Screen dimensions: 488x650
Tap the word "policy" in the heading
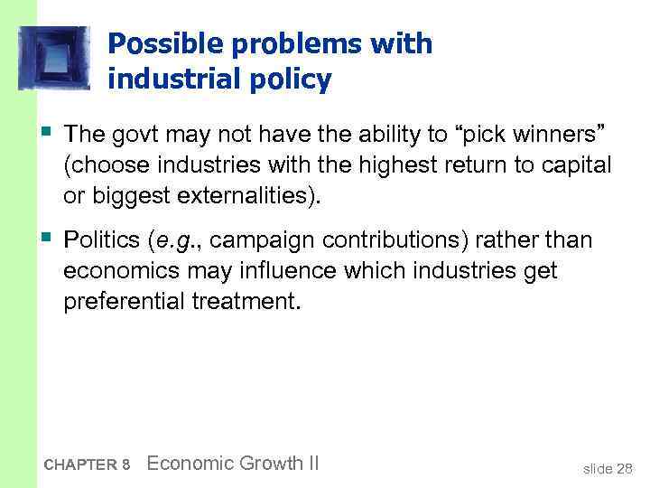pyautogui.click(x=291, y=80)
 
